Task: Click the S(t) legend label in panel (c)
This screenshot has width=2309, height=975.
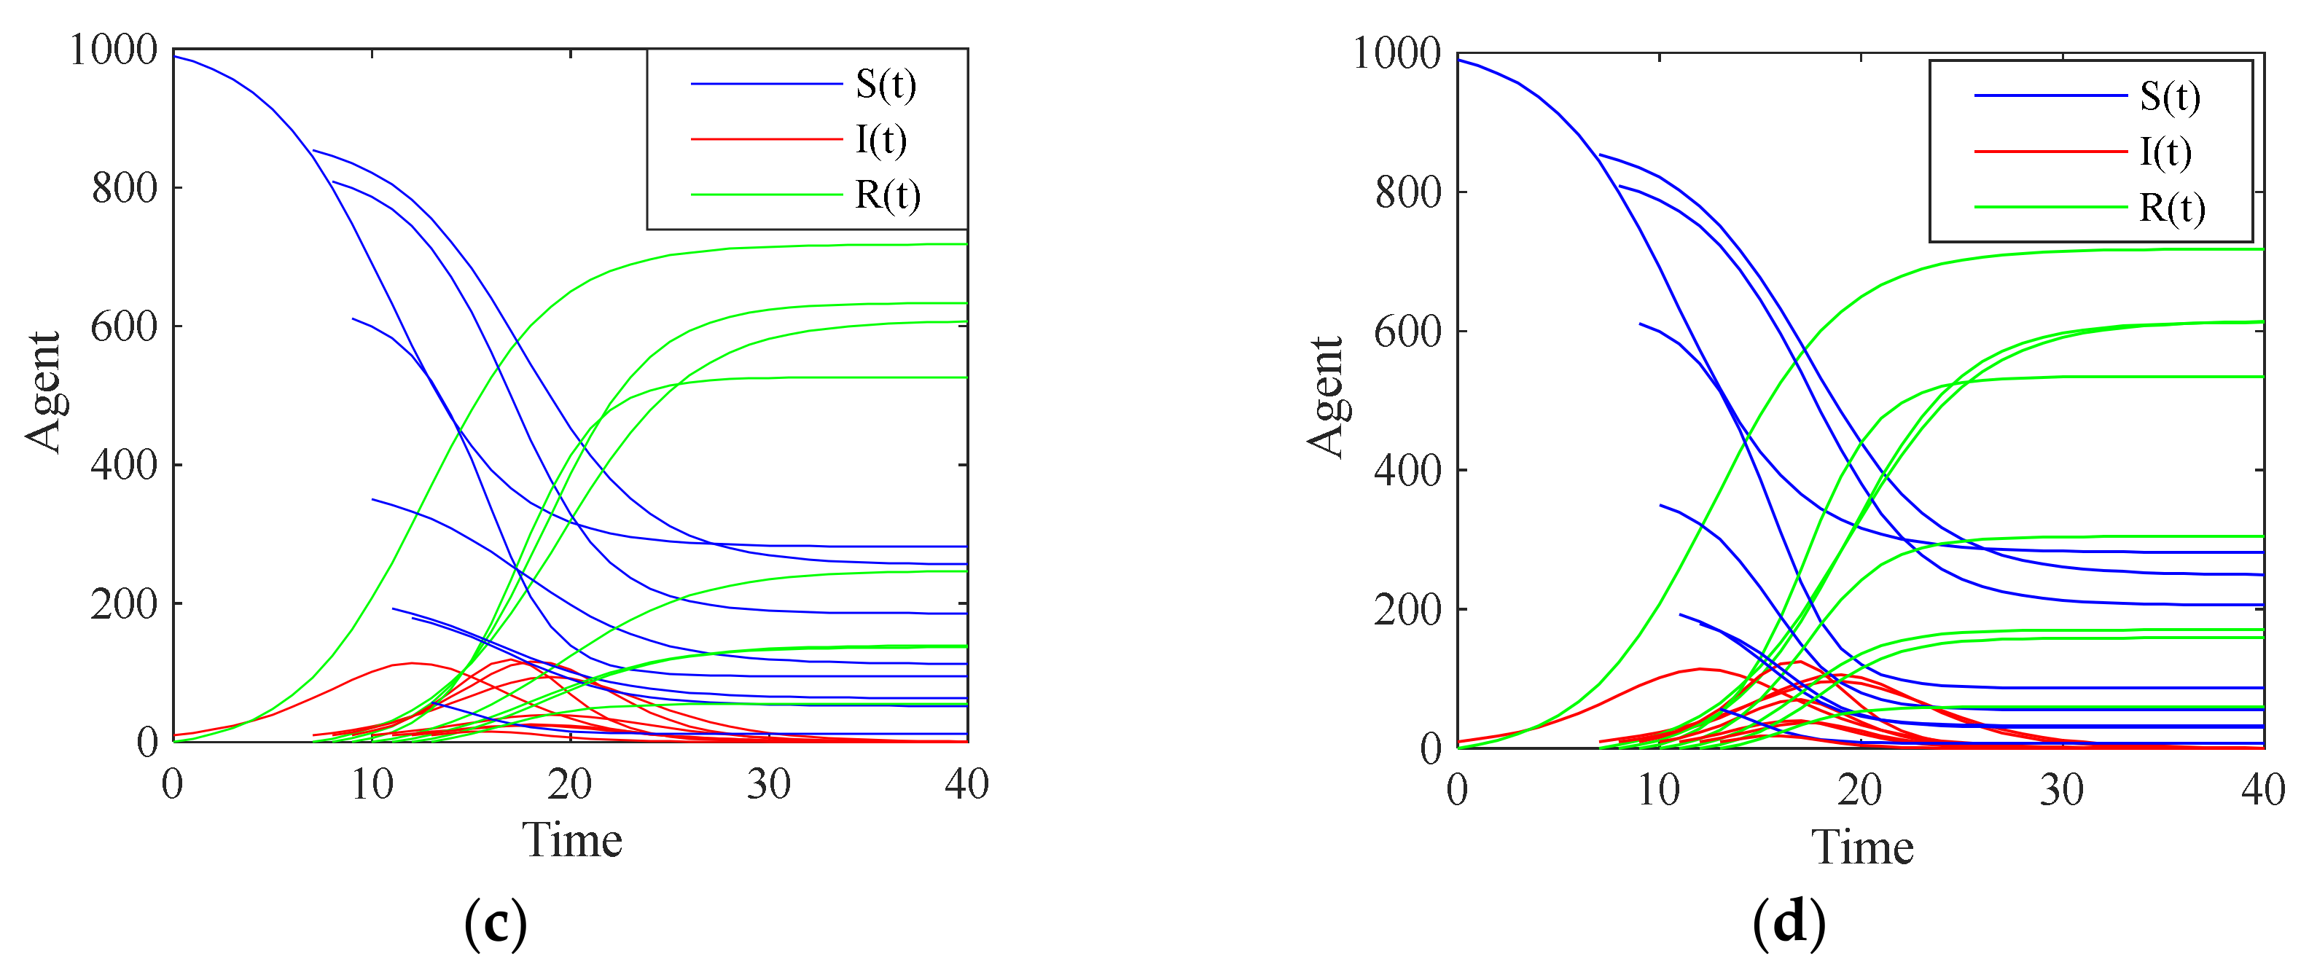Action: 886,85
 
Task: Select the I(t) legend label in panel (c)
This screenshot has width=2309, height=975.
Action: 881,140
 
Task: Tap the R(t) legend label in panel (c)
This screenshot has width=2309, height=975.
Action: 888,195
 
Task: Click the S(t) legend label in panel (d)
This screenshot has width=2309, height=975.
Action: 2169,96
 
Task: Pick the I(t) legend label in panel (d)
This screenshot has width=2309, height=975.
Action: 2165,152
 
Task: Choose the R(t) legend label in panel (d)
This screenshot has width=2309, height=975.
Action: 2171,208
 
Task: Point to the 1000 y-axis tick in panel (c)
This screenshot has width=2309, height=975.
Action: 113,50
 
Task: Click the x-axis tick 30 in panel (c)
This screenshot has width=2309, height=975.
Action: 768,785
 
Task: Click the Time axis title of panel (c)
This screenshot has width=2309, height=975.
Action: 572,841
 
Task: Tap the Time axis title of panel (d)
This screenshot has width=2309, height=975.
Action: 1863,847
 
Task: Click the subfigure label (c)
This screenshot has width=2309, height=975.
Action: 495,924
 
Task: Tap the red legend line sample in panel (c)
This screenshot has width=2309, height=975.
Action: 766,140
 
